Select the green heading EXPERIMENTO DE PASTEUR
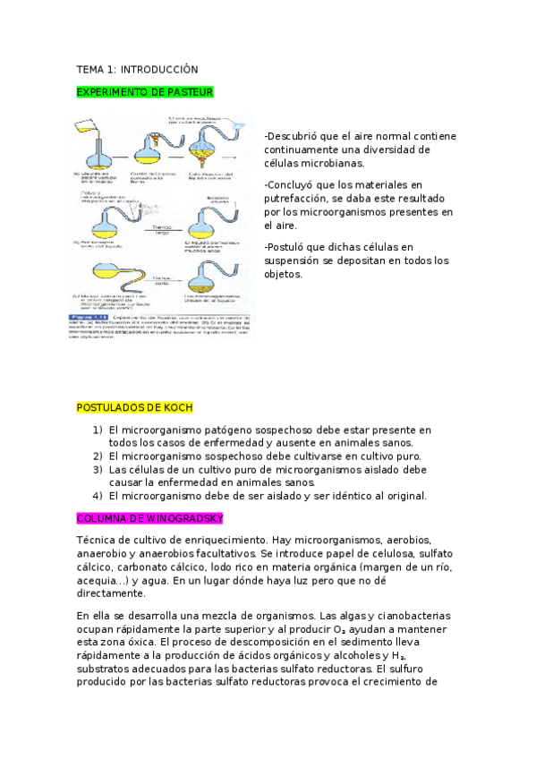pos(145,92)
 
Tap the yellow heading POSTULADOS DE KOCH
pos(134,408)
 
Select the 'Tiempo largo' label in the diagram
pos(160,230)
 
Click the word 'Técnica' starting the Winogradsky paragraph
pos(97,541)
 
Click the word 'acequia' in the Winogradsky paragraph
pos(98,580)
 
